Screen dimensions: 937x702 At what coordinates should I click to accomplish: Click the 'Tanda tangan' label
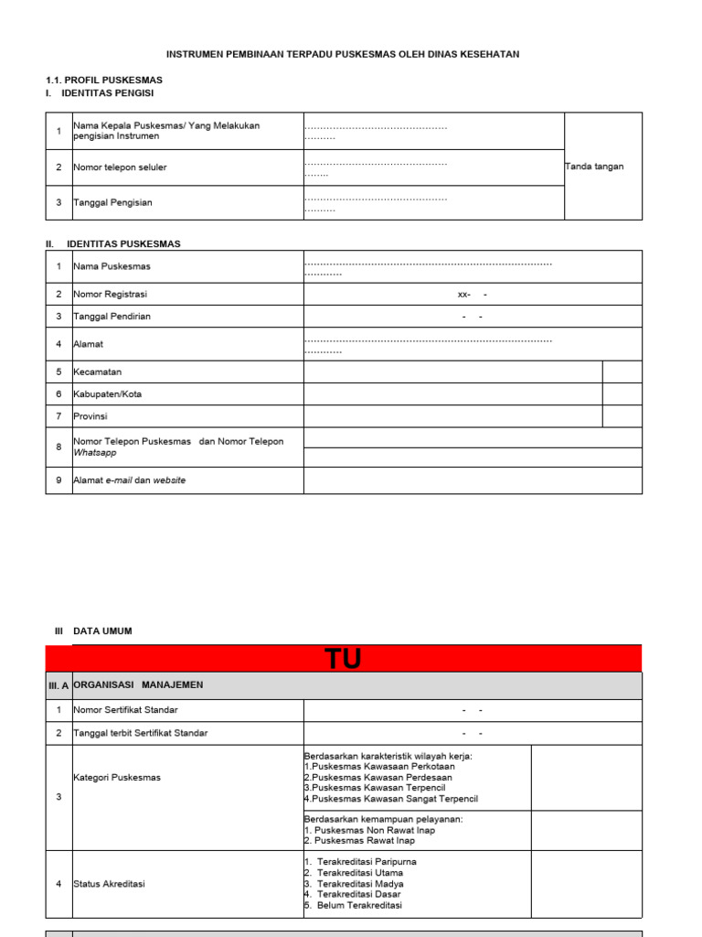tap(594, 167)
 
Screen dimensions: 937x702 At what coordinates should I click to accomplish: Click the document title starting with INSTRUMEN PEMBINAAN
tap(343, 55)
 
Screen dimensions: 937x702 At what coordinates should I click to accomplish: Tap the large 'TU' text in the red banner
tap(343, 659)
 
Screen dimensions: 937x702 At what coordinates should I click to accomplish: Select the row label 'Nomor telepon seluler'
tap(120, 167)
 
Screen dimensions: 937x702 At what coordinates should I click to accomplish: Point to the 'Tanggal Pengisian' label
tap(112, 202)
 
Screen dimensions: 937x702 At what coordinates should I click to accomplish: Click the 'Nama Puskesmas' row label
tap(112, 266)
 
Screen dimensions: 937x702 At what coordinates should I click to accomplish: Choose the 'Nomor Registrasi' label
tap(110, 295)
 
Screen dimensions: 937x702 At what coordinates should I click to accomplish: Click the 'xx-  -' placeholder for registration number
tap(472, 295)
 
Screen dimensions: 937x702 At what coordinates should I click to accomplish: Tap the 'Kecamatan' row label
tap(97, 372)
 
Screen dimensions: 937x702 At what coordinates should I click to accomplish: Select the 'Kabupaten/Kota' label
tap(107, 394)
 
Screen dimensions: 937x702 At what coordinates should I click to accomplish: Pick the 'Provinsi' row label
tap(90, 416)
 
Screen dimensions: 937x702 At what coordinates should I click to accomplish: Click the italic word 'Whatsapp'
tap(95, 453)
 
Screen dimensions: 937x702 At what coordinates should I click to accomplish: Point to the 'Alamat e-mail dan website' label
tap(129, 480)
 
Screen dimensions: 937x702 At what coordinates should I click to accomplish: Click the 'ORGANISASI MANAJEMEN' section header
tap(138, 684)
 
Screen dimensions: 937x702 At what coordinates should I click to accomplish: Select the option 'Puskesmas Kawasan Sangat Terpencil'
tap(395, 799)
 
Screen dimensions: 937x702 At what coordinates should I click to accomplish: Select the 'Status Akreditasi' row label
tap(109, 884)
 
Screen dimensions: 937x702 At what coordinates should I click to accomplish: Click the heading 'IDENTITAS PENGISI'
tap(107, 93)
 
